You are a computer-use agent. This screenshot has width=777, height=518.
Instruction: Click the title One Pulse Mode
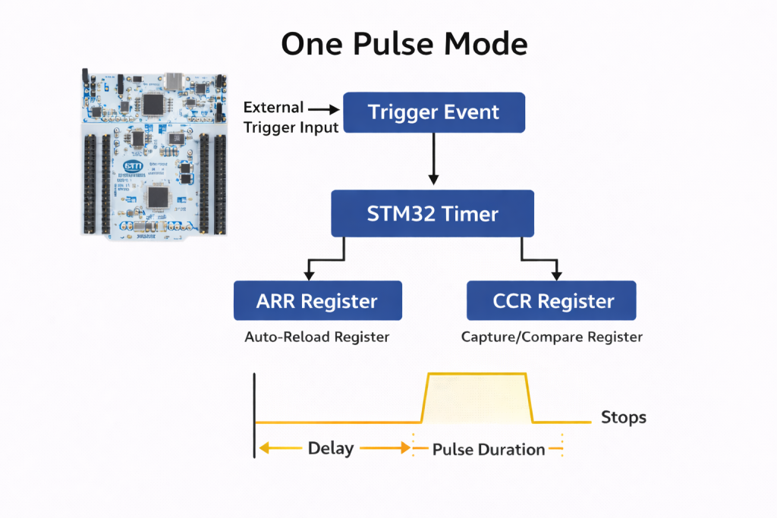point(404,44)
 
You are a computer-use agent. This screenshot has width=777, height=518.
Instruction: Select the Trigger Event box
point(433,112)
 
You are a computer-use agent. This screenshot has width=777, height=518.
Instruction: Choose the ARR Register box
point(317,301)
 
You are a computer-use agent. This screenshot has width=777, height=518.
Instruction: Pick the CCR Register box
point(551,301)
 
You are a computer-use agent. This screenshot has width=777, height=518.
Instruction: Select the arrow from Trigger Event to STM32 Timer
point(433,159)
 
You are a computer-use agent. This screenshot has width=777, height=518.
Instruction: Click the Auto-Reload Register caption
point(316,337)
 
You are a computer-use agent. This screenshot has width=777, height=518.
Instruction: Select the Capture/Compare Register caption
point(552,337)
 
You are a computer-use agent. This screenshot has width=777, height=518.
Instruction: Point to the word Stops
point(624,417)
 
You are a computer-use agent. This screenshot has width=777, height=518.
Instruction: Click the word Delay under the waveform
point(331,448)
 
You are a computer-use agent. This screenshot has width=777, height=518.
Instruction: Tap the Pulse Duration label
point(489,450)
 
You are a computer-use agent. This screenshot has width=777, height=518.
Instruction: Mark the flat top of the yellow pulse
point(477,374)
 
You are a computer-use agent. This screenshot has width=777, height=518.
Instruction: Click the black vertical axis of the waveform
point(255,413)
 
